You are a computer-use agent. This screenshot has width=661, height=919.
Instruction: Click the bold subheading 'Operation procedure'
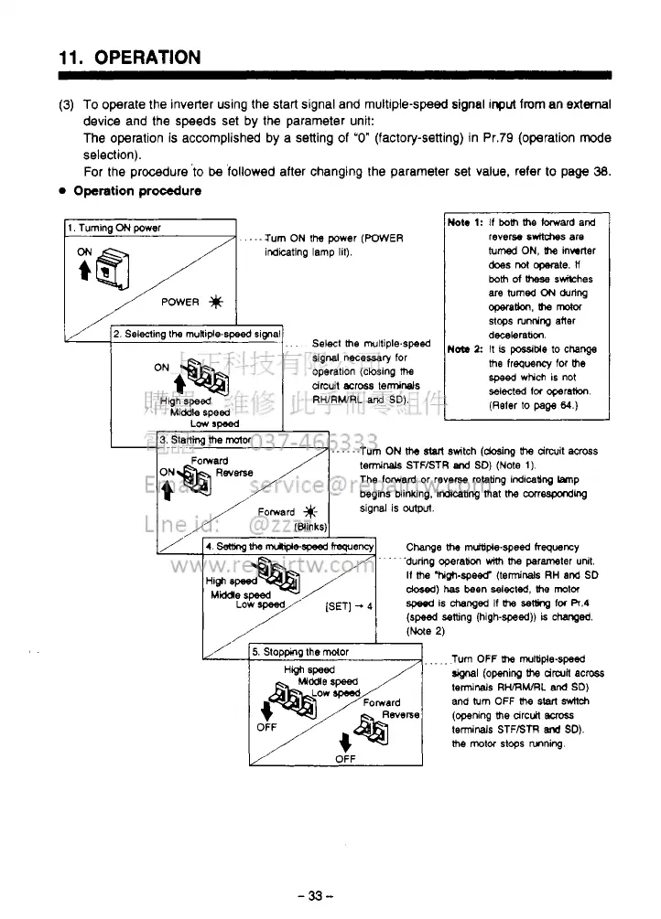tap(137, 191)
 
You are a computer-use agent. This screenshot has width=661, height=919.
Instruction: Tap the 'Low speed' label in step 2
tap(214, 423)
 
